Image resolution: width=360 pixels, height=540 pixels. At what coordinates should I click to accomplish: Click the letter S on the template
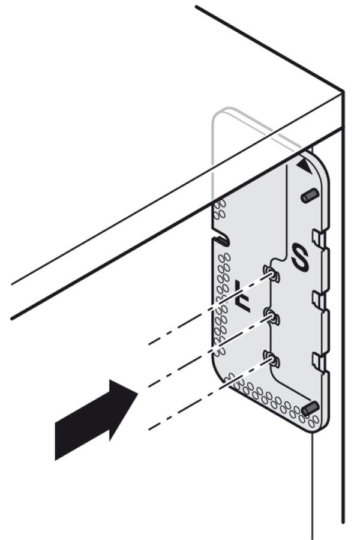pos(300,257)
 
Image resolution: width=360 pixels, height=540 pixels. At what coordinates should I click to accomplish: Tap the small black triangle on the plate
pos(305,166)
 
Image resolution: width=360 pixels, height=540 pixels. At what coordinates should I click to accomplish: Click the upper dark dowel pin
pos(310,195)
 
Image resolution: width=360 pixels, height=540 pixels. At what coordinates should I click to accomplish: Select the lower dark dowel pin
pos(311,409)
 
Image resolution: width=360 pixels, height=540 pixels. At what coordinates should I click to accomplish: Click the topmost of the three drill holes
pos(271,273)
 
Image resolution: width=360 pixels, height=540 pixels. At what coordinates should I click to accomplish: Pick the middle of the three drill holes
pos(271,316)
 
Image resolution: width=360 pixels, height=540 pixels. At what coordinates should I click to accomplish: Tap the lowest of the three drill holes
pos(271,359)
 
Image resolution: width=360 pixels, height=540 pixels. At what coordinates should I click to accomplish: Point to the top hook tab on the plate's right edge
pos(319,238)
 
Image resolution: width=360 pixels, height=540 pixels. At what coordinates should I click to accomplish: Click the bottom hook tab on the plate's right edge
pos(319,361)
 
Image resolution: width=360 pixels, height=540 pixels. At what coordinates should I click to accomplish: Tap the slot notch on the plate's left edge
pos(221,241)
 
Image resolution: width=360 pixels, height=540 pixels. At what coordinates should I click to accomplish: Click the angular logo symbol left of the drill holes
pos(243,296)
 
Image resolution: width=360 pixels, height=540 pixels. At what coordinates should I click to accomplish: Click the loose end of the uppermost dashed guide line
pos(149,344)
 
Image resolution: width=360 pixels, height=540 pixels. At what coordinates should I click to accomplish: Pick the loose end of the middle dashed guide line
pos(149,386)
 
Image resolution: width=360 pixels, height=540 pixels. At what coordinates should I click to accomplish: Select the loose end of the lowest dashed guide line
pos(149,429)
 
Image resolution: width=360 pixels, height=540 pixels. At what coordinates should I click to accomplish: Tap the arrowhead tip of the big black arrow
pos(138,393)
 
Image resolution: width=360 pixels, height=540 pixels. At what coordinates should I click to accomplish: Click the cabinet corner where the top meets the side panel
pos(343,92)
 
